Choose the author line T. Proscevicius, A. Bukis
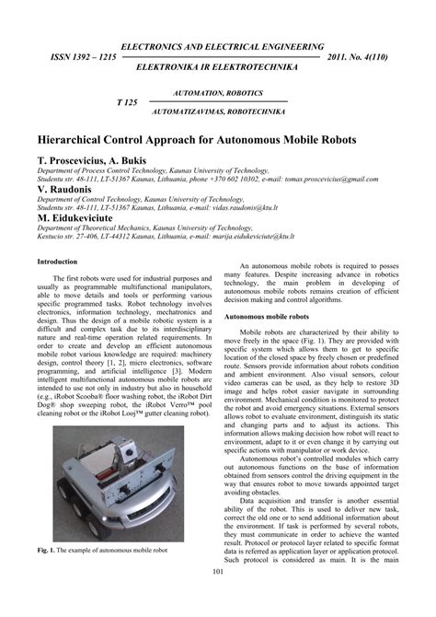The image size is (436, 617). (96, 160)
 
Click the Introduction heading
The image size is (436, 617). (57, 262)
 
